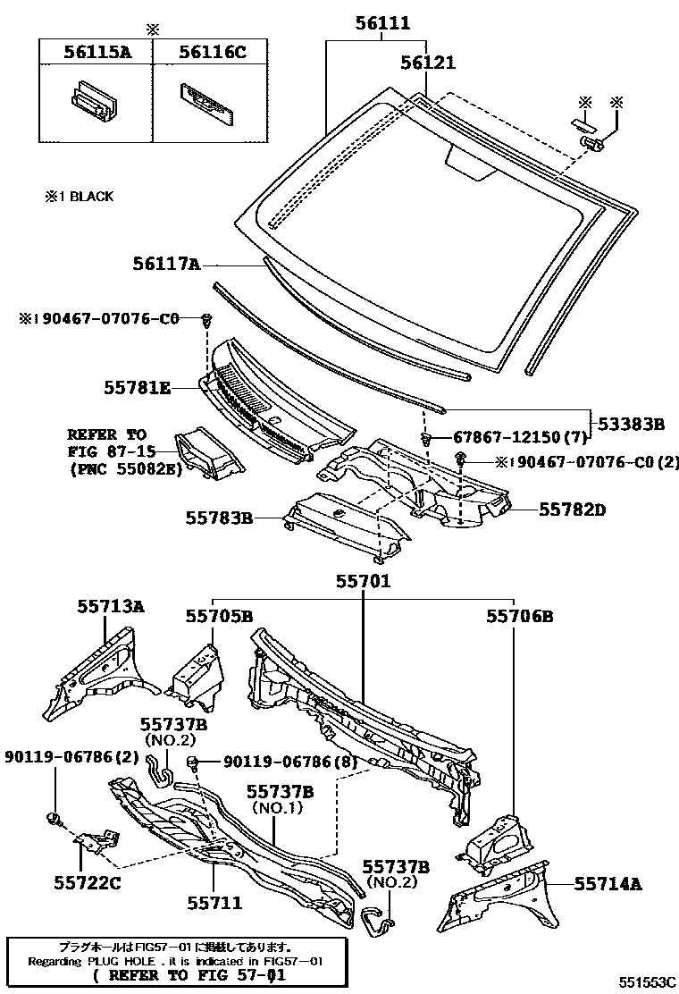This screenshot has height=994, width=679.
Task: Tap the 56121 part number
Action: [x=427, y=63]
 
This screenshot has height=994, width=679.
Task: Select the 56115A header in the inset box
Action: [x=96, y=53]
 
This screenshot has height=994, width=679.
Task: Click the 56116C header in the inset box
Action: [x=211, y=53]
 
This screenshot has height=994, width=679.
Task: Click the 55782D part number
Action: [x=572, y=510]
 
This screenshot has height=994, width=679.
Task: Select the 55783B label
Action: [x=220, y=518]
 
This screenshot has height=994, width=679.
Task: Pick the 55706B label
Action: [x=520, y=616]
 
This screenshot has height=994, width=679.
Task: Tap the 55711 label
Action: [x=214, y=904]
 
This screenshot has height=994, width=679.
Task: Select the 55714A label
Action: [x=608, y=884]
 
